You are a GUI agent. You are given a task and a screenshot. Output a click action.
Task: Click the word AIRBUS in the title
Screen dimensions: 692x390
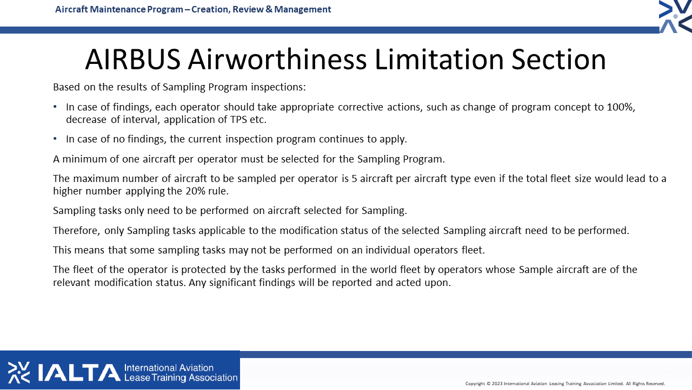click(x=133, y=60)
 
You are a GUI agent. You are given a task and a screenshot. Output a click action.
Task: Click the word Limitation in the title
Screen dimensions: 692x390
click(x=439, y=60)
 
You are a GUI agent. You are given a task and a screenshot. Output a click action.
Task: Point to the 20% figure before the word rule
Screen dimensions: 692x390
click(x=196, y=191)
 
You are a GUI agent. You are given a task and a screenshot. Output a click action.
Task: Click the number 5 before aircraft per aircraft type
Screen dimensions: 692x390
click(x=354, y=179)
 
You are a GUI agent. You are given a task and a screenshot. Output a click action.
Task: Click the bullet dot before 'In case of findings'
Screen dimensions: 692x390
click(x=55, y=107)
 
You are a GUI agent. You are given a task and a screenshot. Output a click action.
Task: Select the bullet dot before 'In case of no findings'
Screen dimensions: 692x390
click(x=55, y=139)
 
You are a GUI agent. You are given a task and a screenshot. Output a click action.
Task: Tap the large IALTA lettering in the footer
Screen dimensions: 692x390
click(x=79, y=373)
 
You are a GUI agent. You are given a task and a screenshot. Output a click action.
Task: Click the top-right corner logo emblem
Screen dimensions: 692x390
click(x=675, y=16)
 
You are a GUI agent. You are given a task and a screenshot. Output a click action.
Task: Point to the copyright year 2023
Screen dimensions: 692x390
click(x=497, y=384)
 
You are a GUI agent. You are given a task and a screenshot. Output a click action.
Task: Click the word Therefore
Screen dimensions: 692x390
click(x=77, y=231)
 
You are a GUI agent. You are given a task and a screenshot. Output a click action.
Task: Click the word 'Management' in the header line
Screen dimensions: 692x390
click(x=302, y=9)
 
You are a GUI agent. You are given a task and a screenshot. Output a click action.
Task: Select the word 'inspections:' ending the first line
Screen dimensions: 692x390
click(x=278, y=87)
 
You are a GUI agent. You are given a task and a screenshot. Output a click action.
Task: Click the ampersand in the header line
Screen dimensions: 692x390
click(x=269, y=9)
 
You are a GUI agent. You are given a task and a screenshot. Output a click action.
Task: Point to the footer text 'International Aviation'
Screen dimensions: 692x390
click(x=169, y=368)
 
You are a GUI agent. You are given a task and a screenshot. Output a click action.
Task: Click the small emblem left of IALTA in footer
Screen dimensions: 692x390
click(x=19, y=373)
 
